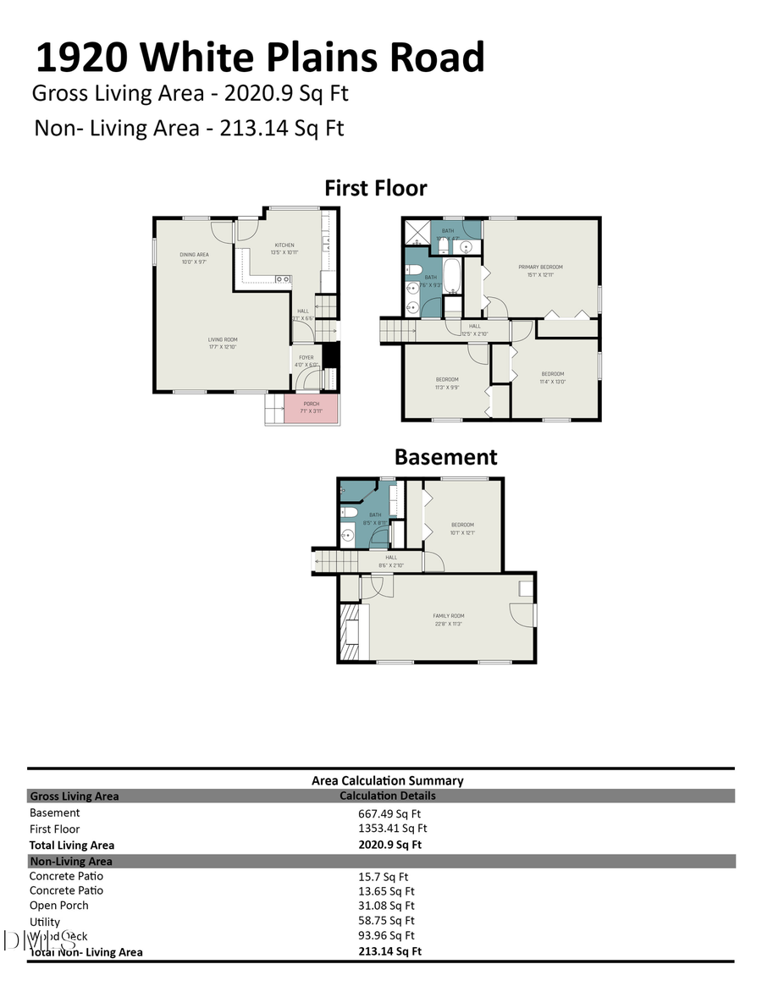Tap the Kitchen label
[x=284, y=245]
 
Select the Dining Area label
[x=194, y=255]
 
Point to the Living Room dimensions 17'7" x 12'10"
[x=223, y=347]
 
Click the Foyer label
[x=306, y=358]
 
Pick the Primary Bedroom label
[x=540, y=267]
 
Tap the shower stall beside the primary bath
[x=416, y=231]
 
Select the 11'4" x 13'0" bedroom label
[x=552, y=374]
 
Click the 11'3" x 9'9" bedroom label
[x=446, y=379]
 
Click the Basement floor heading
[x=445, y=457]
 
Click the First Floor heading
[x=375, y=188]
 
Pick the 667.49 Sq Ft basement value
[x=388, y=813]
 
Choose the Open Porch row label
[x=58, y=906]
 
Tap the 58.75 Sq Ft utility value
[x=386, y=921]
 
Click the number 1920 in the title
[x=81, y=58]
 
